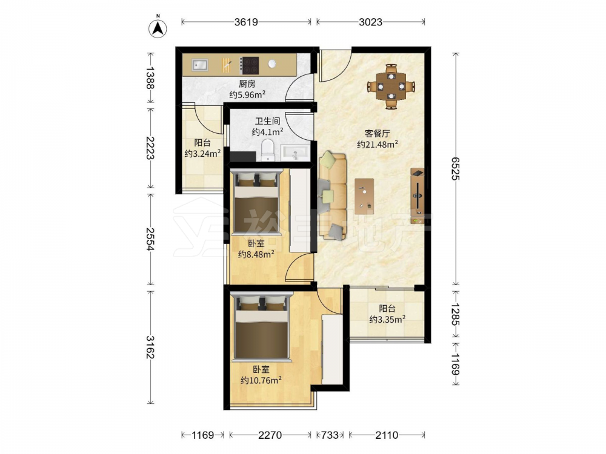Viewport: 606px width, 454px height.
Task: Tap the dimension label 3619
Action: (x=246, y=22)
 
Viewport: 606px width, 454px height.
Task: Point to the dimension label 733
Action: (x=330, y=435)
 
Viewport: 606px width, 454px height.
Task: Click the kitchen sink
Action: (x=200, y=65)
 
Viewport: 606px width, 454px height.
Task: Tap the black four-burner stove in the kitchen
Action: (x=249, y=65)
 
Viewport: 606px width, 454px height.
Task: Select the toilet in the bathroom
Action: (x=267, y=150)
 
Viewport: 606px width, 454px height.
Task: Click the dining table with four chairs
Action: (x=391, y=86)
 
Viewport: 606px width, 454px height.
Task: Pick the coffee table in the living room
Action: (x=364, y=196)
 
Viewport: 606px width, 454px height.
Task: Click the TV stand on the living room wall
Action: (x=418, y=196)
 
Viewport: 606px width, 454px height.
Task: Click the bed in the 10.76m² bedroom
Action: (x=262, y=327)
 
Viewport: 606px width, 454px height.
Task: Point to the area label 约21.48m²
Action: (x=378, y=145)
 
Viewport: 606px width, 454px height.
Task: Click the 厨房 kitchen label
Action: (x=247, y=84)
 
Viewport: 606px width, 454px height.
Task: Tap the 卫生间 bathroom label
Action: (x=267, y=121)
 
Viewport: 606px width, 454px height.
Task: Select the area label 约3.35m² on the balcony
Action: (x=387, y=319)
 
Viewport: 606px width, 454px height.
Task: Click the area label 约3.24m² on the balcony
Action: (x=202, y=153)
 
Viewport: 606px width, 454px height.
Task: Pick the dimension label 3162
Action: (x=150, y=347)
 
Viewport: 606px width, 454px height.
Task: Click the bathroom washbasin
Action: (x=296, y=153)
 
